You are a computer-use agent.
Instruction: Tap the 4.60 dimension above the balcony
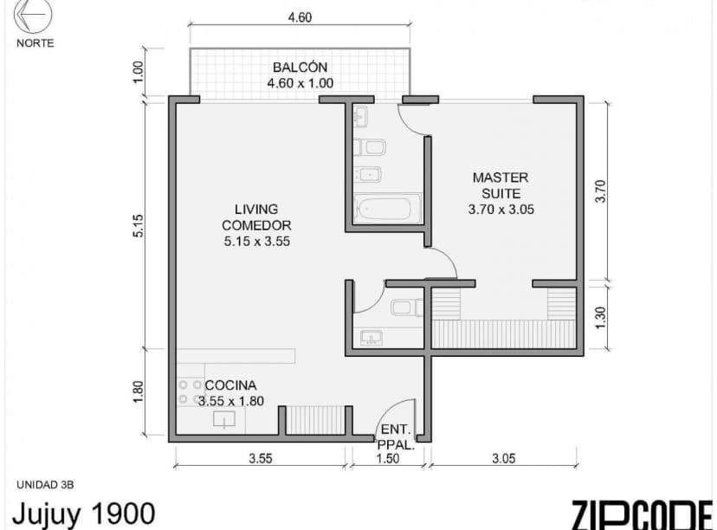point(299,17)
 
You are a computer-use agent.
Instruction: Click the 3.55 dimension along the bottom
point(260,459)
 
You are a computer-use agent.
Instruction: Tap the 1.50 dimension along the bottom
point(388,459)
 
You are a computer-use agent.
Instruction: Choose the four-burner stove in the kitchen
point(190,391)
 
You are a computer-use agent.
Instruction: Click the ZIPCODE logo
point(641,514)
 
